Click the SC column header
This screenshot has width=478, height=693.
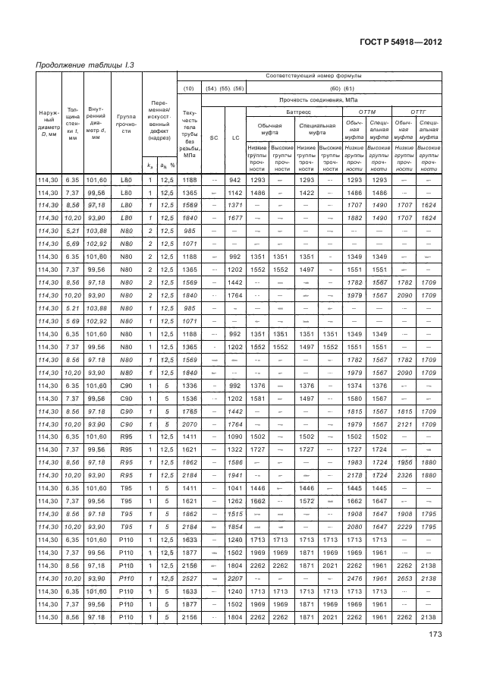click(214, 137)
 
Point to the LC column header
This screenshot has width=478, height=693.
click(235, 137)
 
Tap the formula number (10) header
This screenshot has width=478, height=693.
click(190, 88)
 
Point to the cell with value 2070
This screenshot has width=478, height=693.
click(190, 423)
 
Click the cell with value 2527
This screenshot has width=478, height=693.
click(190, 578)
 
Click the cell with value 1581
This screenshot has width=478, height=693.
click(257, 397)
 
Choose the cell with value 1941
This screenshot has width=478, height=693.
click(235, 474)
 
